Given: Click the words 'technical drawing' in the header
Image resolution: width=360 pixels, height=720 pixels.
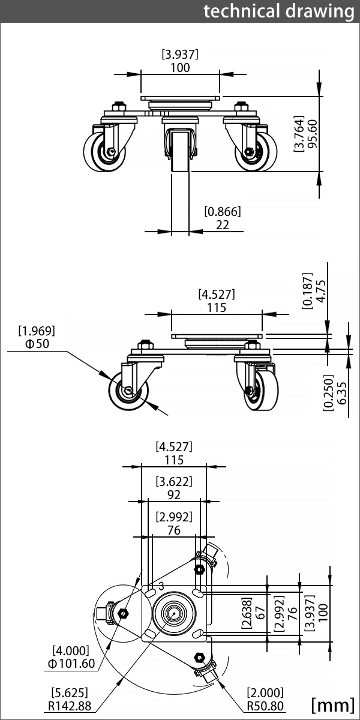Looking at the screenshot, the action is (279, 11).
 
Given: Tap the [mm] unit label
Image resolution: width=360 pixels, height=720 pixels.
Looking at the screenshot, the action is (332, 705).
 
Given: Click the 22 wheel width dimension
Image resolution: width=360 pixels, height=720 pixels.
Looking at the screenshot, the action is (223, 225).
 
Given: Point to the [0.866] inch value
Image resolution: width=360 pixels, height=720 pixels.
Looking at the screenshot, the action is (223, 211).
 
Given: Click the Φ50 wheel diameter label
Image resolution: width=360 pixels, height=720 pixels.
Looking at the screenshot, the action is (37, 344).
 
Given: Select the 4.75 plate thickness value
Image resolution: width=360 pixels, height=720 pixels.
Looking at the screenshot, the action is (321, 291).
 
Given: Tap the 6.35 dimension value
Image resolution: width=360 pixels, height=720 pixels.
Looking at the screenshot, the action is (343, 393).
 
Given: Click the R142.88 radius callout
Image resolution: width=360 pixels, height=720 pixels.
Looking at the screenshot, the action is (70, 706).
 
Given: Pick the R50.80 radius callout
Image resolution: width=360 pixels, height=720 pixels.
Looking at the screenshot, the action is (265, 706).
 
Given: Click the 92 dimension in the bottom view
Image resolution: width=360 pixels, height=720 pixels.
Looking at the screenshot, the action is (174, 494).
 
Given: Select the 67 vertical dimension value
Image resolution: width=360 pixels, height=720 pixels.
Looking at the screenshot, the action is (260, 613).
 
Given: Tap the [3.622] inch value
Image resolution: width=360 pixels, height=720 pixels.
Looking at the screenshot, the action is (174, 481).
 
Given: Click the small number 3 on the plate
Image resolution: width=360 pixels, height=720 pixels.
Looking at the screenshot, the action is (161, 586).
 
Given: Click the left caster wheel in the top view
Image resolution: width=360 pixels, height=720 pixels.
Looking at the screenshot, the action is (104, 151).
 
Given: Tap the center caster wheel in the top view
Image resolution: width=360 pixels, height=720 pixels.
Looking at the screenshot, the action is (181, 151).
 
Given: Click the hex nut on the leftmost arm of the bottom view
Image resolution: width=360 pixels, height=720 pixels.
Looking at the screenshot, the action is (123, 613).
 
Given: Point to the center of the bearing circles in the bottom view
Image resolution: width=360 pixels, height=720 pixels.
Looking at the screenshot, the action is (174, 613).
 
